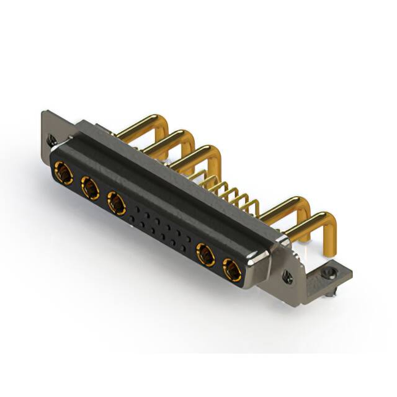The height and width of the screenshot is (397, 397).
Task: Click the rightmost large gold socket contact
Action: [232, 269]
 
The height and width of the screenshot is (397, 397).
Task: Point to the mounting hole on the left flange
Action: [52, 140]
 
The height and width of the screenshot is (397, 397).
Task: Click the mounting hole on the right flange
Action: [287, 275]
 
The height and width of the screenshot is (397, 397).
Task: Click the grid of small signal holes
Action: [159, 227]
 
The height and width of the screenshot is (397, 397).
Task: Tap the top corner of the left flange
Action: [45, 113]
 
